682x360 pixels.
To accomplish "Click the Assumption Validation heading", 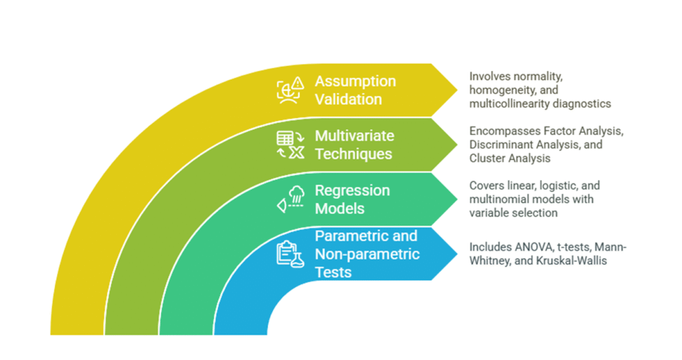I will coord(355,90).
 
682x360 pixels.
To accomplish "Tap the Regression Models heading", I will coord(352,199).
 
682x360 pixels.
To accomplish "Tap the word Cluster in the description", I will coord(486,158).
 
